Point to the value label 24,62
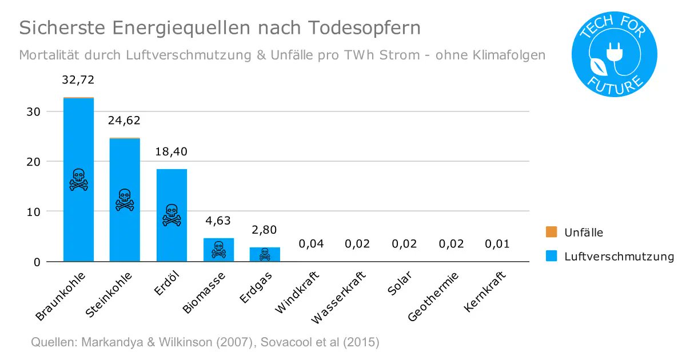pos(125,121)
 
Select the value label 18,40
pos(171,151)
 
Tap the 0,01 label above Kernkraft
pos(497,244)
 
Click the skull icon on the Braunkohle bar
pos(78,179)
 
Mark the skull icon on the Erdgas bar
pos(265,254)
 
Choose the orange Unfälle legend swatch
pos(551,232)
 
